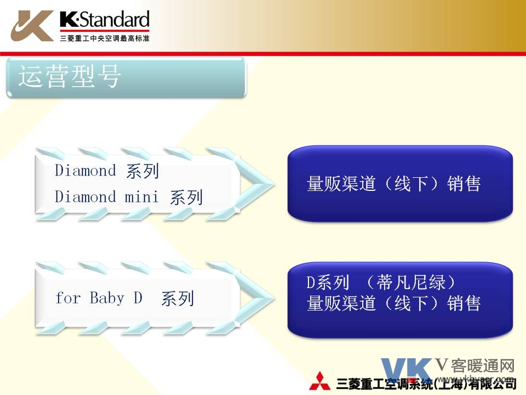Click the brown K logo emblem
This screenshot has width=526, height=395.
coord(32,26)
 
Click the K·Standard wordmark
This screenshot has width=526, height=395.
coord(105,19)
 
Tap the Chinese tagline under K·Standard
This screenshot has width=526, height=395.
coord(105,38)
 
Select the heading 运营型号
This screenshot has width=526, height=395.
coord(70,77)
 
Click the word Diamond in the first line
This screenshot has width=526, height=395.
coord(85,170)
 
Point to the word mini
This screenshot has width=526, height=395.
coord(141,197)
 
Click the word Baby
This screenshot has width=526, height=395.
coord(107,298)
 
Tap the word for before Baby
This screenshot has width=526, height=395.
coord(68,298)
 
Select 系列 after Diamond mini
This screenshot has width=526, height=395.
coord(186,197)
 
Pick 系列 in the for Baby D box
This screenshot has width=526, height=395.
coord(178,298)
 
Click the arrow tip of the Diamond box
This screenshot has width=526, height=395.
coord(275,184)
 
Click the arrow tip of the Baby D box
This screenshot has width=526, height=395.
coord(275,298)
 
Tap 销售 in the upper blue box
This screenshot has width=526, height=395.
coord(464,184)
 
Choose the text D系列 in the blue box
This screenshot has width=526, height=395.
coord(328,283)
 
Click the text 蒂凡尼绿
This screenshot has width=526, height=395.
coord(411,283)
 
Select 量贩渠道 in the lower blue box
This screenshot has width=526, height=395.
coord(341,303)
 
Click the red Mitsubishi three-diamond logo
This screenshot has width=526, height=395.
coord(319,382)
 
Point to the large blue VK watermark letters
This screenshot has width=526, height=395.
coord(407,370)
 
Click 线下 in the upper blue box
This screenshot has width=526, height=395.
coord(411,184)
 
